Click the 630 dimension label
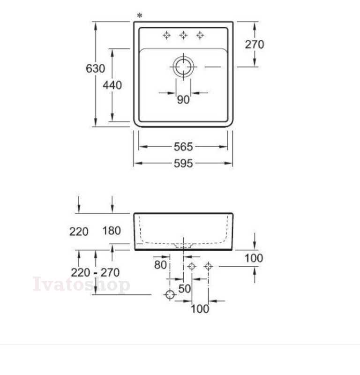click(x=96, y=68)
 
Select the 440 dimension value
click(x=112, y=85)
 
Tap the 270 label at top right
click(x=255, y=45)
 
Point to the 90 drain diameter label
click(x=183, y=99)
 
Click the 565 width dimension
click(x=183, y=147)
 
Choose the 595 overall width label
click(x=183, y=164)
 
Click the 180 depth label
click(x=112, y=231)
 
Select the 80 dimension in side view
click(x=160, y=265)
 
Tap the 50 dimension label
click(x=184, y=289)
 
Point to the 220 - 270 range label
click(x=95, y=273)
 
